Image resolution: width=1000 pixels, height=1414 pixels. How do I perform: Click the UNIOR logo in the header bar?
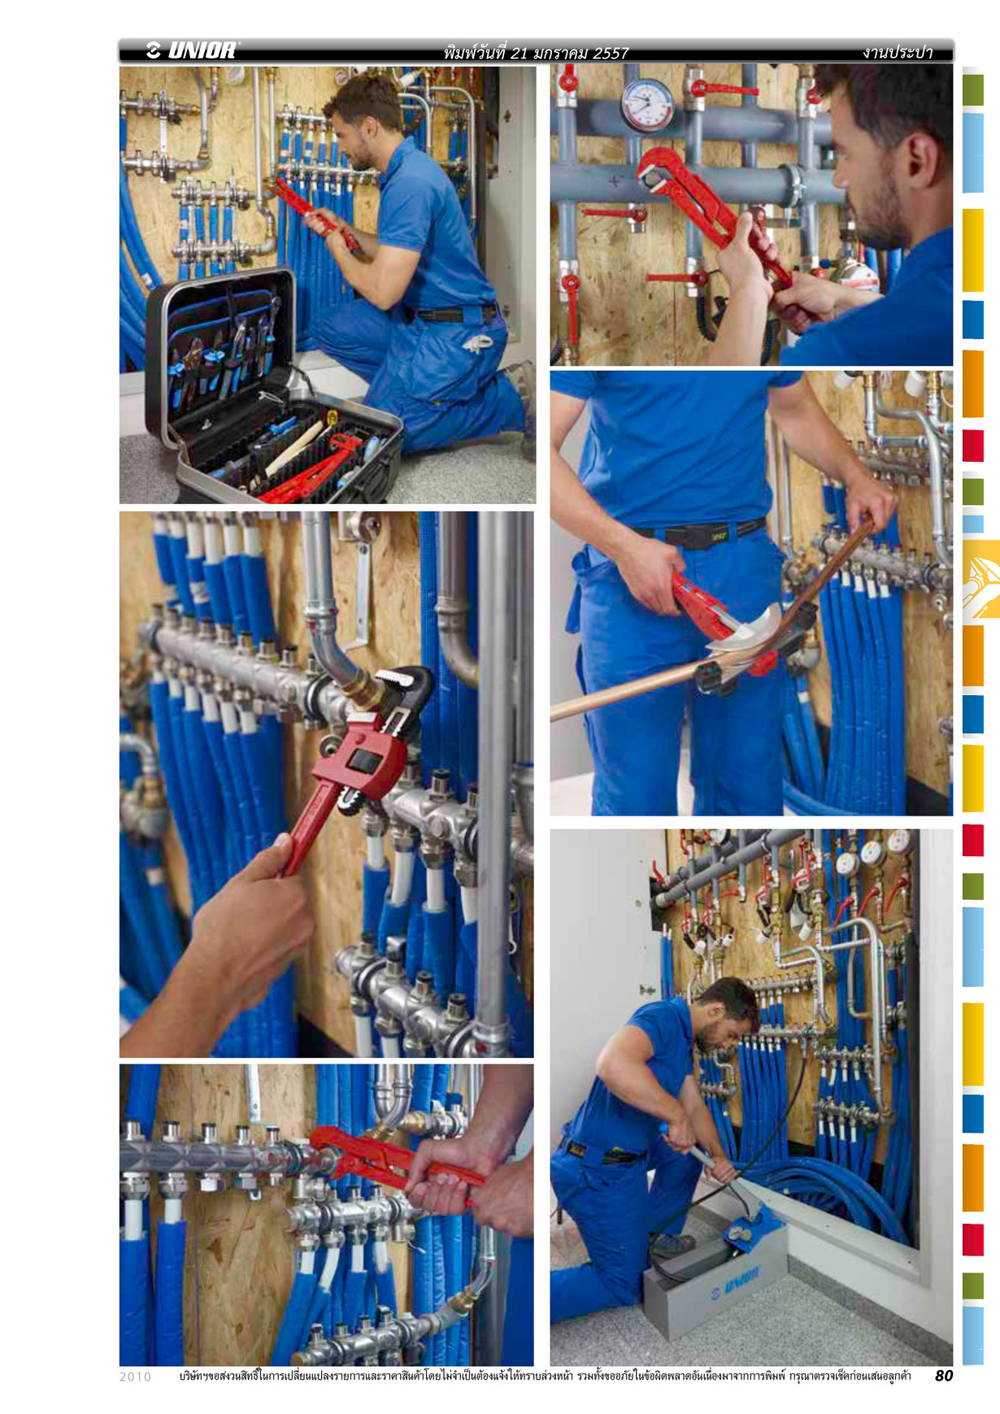click(193, 50)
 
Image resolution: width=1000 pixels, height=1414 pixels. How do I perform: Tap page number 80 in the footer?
click(943, 1375)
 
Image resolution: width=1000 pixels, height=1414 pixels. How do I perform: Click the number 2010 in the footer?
click(135, 1377)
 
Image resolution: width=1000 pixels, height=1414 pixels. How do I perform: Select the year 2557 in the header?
click(611, 53)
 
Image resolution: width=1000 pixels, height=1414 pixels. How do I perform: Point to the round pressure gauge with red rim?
click(647, 105)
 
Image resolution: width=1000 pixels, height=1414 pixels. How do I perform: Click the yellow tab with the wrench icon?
click(981, 579)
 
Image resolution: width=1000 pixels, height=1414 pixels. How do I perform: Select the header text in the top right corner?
click(897, 53)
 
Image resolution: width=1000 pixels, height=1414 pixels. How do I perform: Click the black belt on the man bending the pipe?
click(699, 533)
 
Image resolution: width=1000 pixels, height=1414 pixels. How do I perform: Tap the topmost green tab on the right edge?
click(973, 90)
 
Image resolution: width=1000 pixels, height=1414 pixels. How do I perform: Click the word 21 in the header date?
click(520, 53)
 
